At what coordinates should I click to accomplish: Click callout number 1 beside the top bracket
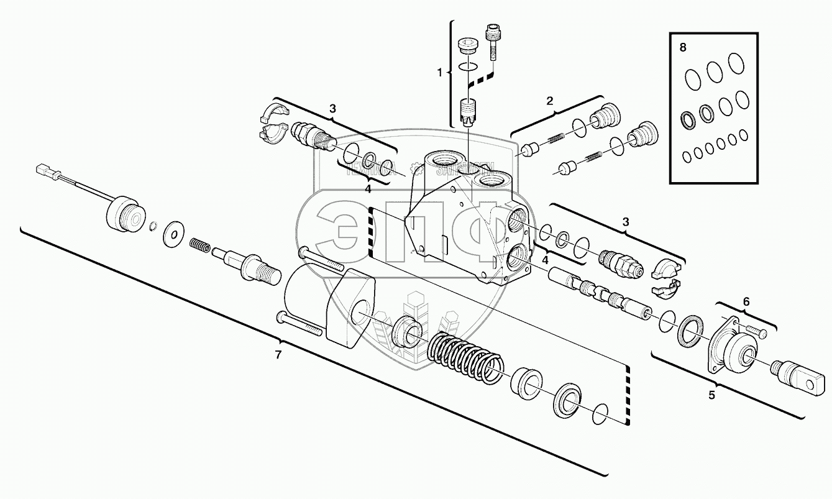tap(440, 73)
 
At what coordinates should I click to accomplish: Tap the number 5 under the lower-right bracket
tap(712, 393)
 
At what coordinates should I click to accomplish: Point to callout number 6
tap(746, 301)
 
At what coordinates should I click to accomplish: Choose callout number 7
tap(278, 355)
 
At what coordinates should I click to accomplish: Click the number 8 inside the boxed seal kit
tap(683, 48)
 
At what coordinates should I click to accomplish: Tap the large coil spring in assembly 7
tap(464, 359)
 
